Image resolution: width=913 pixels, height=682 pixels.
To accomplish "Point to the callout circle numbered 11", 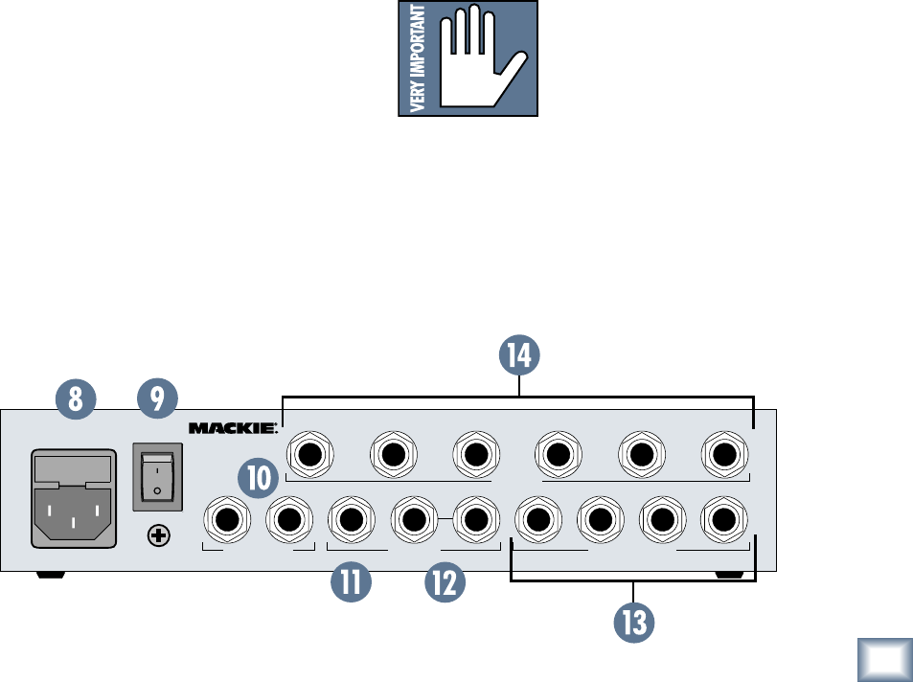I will (350, 582).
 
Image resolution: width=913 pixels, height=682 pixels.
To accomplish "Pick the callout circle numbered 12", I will (446, 582).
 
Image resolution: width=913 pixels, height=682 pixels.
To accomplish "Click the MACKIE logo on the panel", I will (232, 427).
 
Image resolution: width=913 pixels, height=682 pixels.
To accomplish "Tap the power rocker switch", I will (155, 475).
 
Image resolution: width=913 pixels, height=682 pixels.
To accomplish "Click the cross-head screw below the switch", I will (154, 537).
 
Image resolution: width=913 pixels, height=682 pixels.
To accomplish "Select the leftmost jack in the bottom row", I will (228, 520).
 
